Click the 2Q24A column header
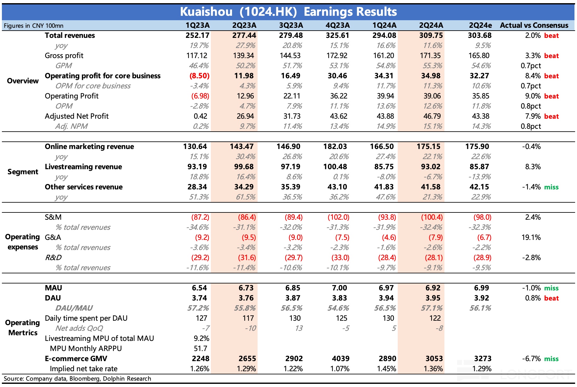coord(431,25)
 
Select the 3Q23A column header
coord(291,25)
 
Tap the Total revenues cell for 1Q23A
coord(197,35)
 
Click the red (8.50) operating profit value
coord(199,76)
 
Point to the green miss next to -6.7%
coord(551,359)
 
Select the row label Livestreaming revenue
coord(83,167)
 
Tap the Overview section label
coord(23,81)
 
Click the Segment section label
coord(23,172)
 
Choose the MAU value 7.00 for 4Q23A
coord(339,288)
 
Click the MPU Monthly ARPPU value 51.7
coord(200,348)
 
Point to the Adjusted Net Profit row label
coord(77,116)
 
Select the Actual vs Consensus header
coord(534,25)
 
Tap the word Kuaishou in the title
coord(206,12)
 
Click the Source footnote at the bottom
coord(77,378)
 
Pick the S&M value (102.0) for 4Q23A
coord(338,217)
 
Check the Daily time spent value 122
coord(435,318)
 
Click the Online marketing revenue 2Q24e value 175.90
coord(477,146)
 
